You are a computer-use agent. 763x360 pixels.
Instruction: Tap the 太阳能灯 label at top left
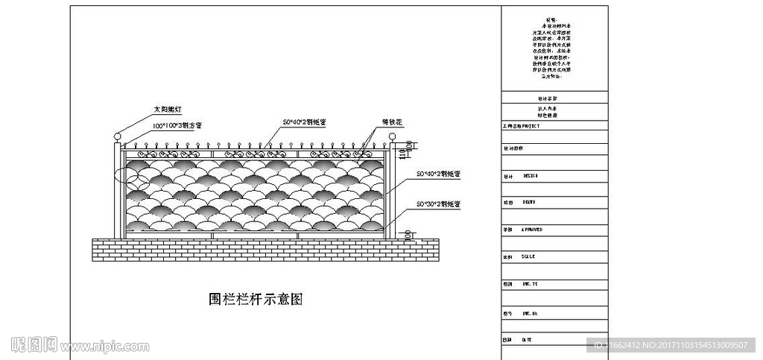pos(167,110)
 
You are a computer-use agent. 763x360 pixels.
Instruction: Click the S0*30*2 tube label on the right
pos(439,203)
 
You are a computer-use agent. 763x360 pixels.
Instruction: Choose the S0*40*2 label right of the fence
pos(439,174)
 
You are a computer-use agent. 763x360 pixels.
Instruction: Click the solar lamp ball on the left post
pos(117,136)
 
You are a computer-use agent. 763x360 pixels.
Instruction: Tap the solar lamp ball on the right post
pos(392,136)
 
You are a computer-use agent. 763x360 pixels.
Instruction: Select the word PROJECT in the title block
pos(528,127)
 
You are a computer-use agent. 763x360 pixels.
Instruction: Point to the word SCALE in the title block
pos(528,256)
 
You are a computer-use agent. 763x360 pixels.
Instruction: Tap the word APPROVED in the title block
pos(532,230)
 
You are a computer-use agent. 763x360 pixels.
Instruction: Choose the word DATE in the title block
pos(526,339)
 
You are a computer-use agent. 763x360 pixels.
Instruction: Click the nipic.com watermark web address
pos(105,347)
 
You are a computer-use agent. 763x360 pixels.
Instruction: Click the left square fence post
pos(117,190)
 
